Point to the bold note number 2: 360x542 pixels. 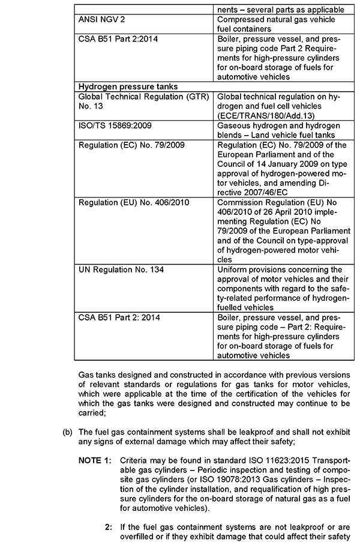pos(108,527)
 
